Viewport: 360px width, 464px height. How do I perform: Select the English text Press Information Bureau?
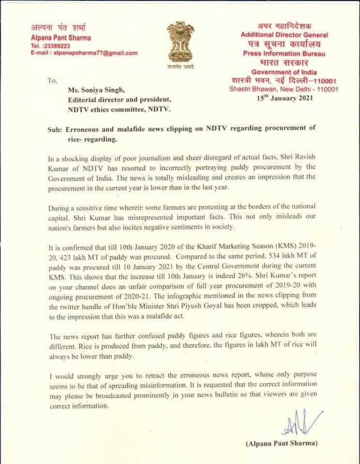[284, 53]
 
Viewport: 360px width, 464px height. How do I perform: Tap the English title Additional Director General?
[284, 34]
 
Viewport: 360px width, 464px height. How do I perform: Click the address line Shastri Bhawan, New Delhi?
[284, 89]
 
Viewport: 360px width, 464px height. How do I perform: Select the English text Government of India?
[284, 72]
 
